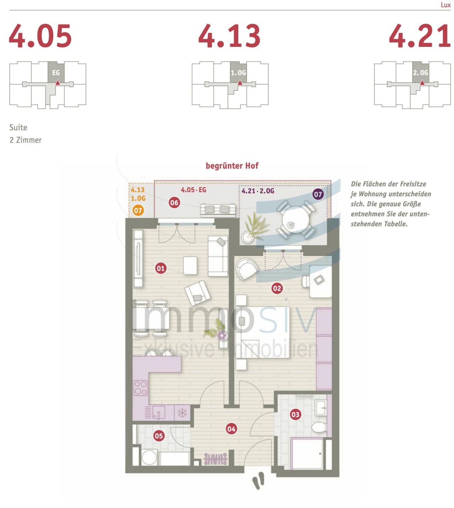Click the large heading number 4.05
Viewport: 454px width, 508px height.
(40, 36)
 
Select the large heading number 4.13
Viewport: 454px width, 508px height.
(229, 36)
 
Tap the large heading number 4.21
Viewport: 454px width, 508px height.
(420, 36)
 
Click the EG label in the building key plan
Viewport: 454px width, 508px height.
(56, 73)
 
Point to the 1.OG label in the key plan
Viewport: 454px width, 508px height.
(238, 73)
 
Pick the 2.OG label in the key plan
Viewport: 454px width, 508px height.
(421, 73)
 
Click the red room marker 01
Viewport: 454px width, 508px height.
(161, 268)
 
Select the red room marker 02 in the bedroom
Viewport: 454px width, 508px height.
(277, 288)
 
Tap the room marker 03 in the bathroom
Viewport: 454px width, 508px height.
(295, 414)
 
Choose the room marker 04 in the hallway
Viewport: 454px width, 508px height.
(231, 429)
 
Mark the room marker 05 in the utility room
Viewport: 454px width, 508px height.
(159, 436)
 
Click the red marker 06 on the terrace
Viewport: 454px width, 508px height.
(174, 203)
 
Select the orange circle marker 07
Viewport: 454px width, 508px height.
(138, 211)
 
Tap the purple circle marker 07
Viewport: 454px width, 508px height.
(318, 194)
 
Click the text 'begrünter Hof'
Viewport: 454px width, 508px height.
(232, 166)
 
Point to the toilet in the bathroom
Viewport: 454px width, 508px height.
(319, 427)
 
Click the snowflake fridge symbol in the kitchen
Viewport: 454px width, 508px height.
(182, 413)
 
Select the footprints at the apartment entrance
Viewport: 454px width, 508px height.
(258, 481)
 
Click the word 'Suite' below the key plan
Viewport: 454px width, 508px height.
(18, 127)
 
